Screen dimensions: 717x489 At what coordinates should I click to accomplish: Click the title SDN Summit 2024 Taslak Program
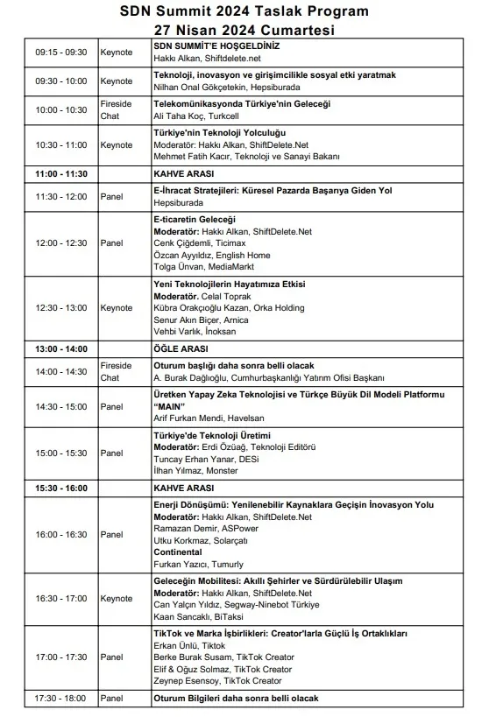point(244,11)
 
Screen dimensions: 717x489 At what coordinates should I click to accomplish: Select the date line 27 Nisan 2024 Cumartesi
point(244,29)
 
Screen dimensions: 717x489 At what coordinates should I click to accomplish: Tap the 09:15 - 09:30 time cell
point(61,53)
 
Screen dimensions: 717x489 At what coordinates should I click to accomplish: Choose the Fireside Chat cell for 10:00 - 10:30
point(117,110)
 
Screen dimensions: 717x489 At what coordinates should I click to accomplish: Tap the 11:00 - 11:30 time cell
point(61,174)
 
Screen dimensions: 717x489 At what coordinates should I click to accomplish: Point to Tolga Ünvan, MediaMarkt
point(197,267)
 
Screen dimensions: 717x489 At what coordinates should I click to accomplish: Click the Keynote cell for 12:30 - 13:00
point(117,308)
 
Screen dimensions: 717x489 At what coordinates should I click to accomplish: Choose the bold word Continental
point(178,552)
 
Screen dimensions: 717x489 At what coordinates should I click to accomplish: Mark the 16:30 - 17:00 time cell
point(61,598)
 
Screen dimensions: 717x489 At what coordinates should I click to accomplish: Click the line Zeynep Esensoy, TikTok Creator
point(217,680)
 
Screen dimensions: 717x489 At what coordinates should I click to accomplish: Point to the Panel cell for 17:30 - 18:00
point(112,698)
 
